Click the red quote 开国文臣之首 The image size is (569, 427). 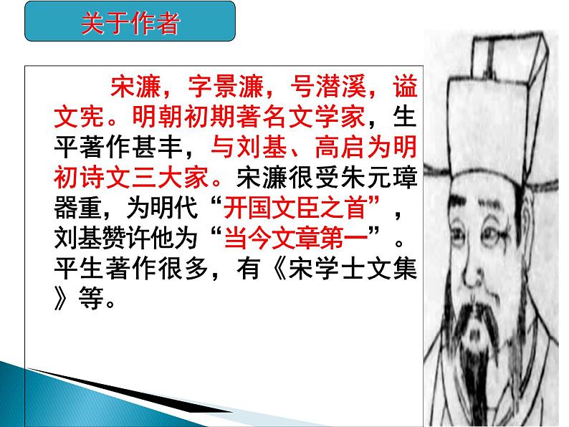click(301, 208)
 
